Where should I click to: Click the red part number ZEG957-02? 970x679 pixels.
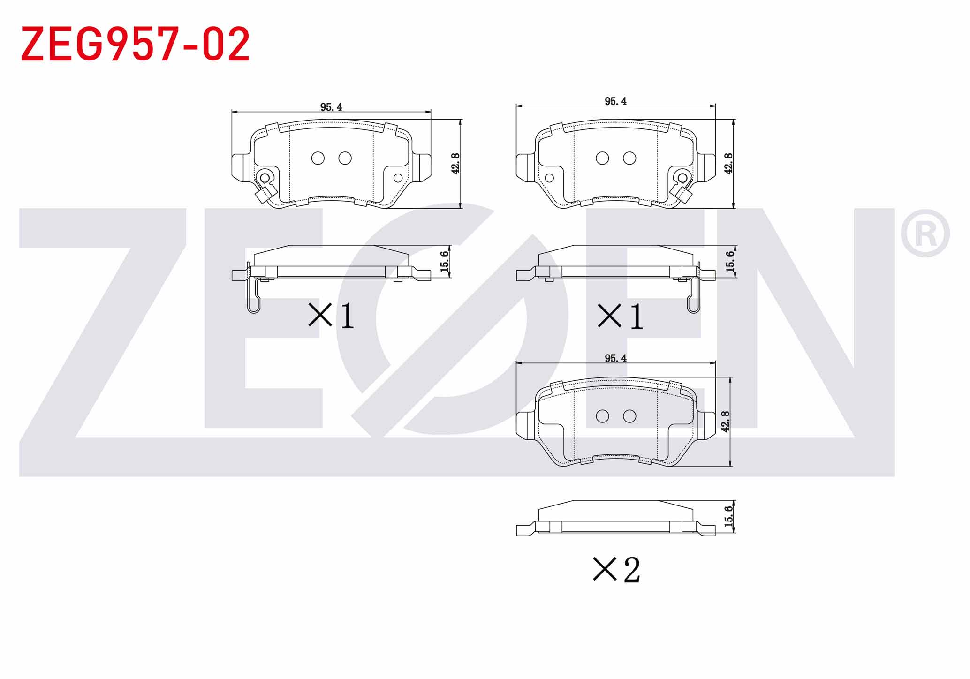click(x=135, y=44)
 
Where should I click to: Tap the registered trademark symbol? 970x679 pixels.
click(x=925, y=234)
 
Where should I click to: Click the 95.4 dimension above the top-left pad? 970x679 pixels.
click(x=331, y=107)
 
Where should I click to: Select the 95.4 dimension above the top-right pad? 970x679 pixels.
click(x=615, y=101)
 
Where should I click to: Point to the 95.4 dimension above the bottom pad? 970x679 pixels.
click(x=615, y=358)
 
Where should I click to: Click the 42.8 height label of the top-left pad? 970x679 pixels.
click(x=455, y=163)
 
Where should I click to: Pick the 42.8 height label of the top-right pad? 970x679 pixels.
click(x=728, y=163)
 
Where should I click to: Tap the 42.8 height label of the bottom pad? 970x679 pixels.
click(x=725, y=421)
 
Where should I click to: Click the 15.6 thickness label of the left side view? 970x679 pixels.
click(x=445, y=261)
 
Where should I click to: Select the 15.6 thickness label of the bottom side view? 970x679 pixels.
click(x=728, y=516)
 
